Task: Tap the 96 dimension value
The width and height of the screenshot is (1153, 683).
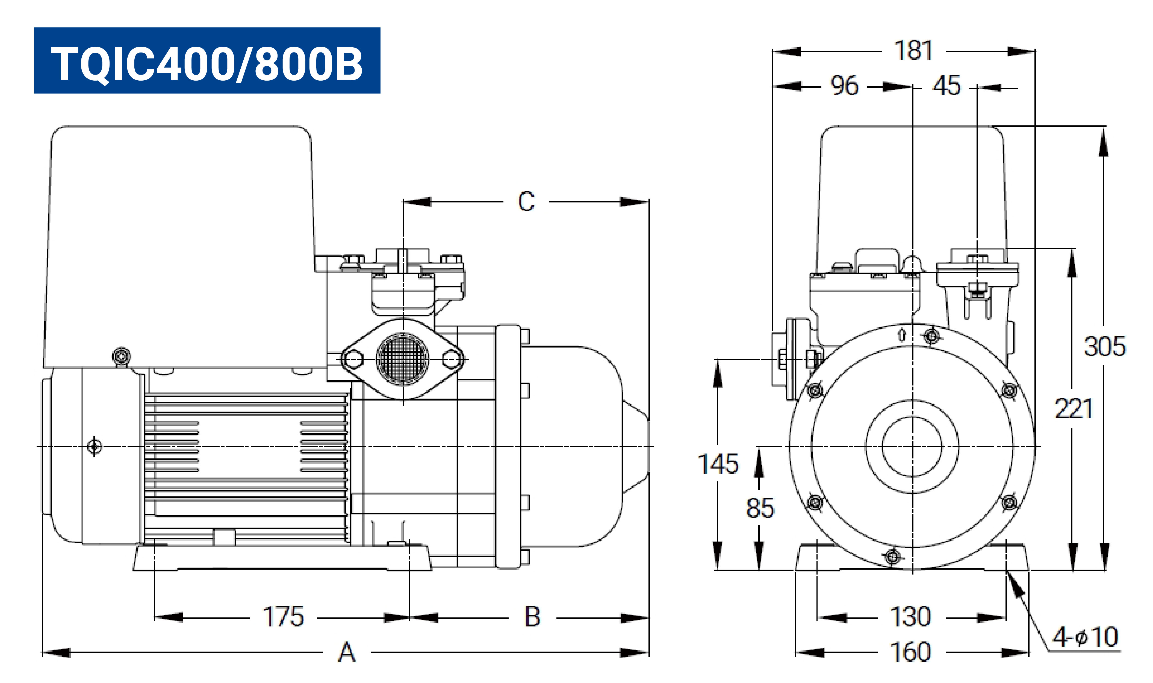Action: click(x=844, y=86)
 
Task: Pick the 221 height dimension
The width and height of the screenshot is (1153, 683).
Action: click(x=1074, y=409)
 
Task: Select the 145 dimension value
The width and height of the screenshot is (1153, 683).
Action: click(x=718, y=464)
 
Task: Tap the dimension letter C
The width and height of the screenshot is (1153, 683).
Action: click(x=526, y=202)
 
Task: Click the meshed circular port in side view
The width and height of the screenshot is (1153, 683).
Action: click(x=403, y=358)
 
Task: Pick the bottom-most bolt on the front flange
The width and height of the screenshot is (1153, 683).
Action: click(x=893, y=557)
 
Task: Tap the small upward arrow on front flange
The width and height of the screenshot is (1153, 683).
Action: click(x=902, y=333)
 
